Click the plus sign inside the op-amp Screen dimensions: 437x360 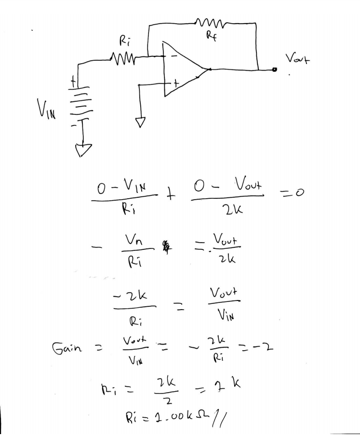click(176, 84)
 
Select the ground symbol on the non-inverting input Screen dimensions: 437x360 click(140, 123)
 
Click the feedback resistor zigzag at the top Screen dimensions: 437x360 click(210, 21)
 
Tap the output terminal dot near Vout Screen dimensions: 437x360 click(274, 70)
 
